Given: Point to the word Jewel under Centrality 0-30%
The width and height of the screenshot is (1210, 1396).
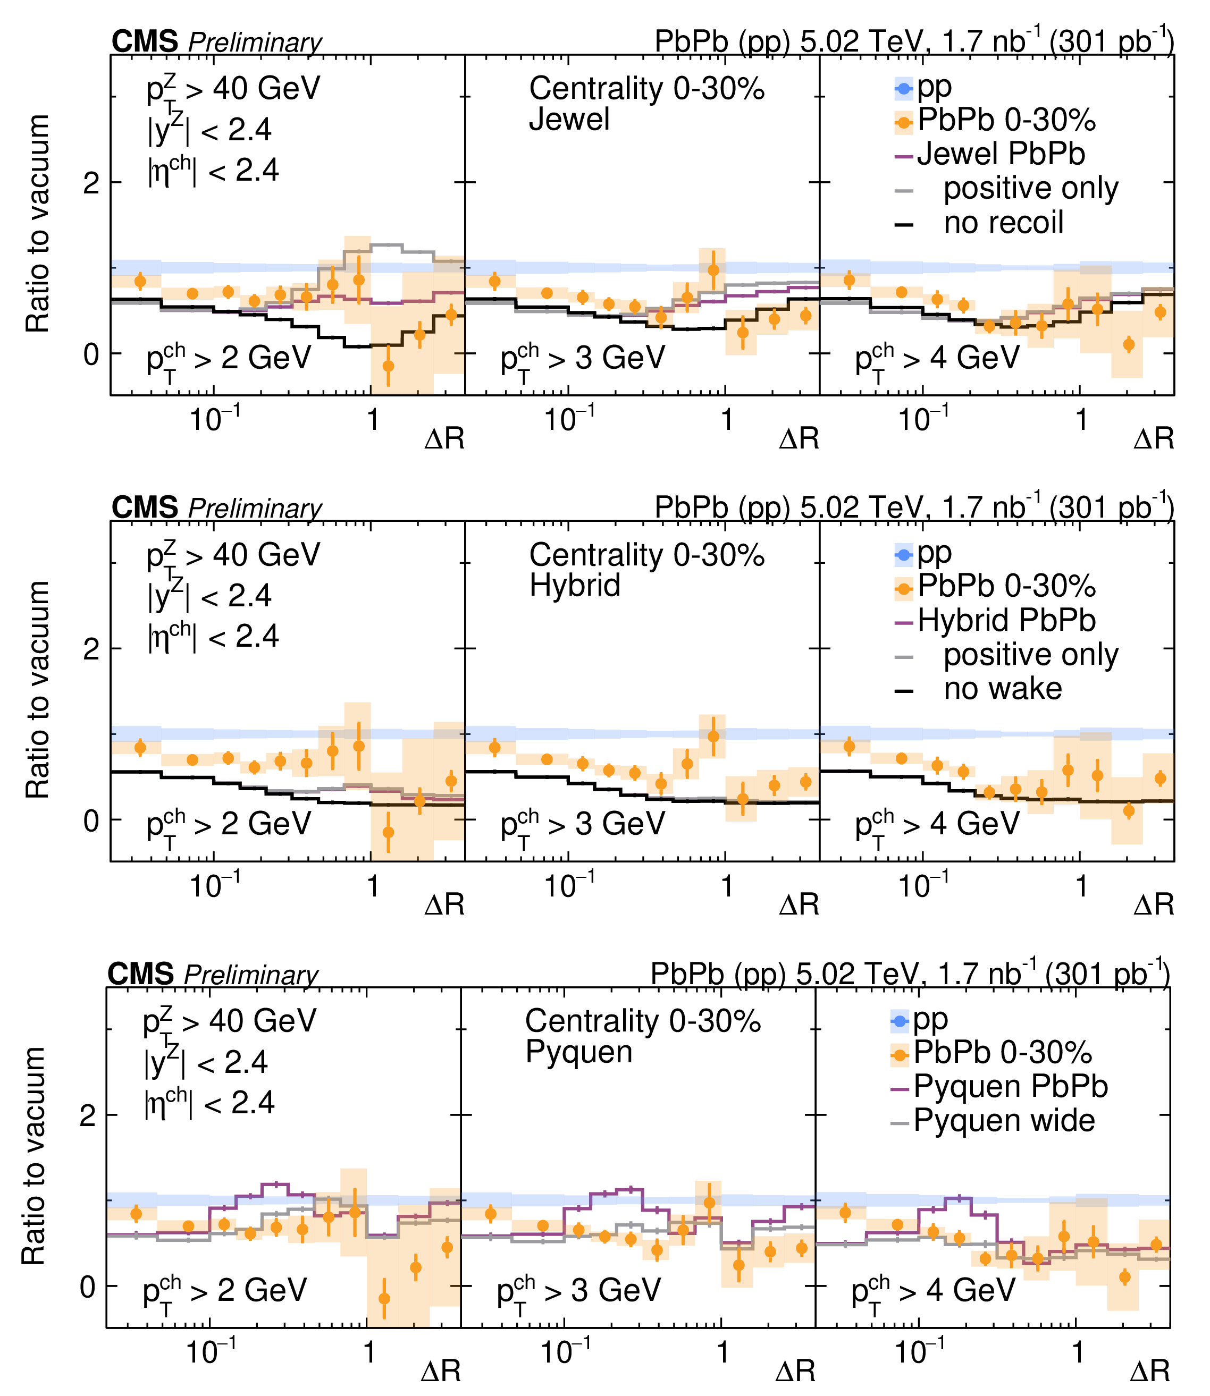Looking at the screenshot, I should pyautogui.click(x=569, y=120).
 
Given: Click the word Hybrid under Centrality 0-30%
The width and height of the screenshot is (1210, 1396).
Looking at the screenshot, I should pyautogui.click(x=575, y=585).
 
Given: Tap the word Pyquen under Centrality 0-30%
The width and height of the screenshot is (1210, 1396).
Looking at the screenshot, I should pyautogui.click(x=578, y=1052).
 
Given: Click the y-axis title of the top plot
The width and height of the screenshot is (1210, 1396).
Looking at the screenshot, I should pyautogui.click(x=38, y=223).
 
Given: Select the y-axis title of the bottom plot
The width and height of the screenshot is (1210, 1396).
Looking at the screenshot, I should pyautogui.click(x=34, y=1156).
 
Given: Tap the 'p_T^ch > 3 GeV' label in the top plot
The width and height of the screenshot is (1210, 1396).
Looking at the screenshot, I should pyautogui.click(x=582, y=359).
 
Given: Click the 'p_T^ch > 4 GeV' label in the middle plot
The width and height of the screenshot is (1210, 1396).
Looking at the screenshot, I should pyautogui.click(x=937, y=825).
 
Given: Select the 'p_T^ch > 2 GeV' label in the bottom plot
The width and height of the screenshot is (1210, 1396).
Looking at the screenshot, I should pyautogui.click(x=224, y=1291).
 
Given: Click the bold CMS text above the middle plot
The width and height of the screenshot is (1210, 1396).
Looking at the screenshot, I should pyautogui.click(x=145, y=507).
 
